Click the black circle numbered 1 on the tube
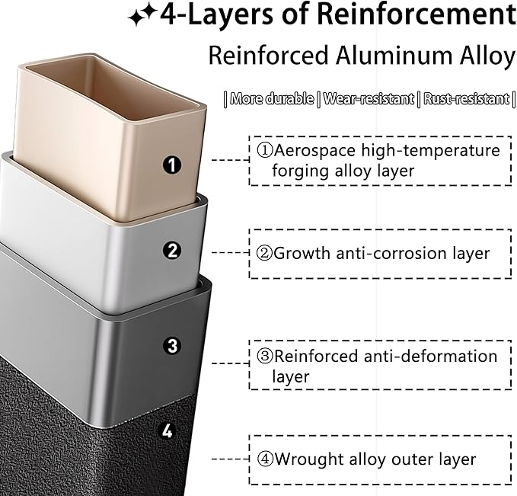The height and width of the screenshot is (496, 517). click(x=172, y=165)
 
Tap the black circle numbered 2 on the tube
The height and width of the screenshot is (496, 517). click(x=172, y=251)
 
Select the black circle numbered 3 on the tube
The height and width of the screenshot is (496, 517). click(x=172, y=345)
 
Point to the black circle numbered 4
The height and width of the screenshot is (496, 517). click(x=168, y=431)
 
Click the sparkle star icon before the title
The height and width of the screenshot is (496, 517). click(x=142, y=17)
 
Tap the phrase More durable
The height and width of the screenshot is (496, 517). click(x=272, y=99)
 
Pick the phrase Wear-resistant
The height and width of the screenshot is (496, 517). click(x=368, y=99)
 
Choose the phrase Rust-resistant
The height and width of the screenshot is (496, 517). click(x=466, y=99)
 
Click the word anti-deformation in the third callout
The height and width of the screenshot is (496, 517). click(x=431, y=357)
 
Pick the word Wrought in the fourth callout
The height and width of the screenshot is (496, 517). click(x=309, y=459)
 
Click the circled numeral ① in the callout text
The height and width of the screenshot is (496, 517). click(x=265, y=151)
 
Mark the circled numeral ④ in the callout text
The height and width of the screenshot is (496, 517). click(x=265, y=459)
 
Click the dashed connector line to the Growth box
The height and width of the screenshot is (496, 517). click(x=230, y=253)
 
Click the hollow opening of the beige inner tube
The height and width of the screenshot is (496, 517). click(x=111, y=88)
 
